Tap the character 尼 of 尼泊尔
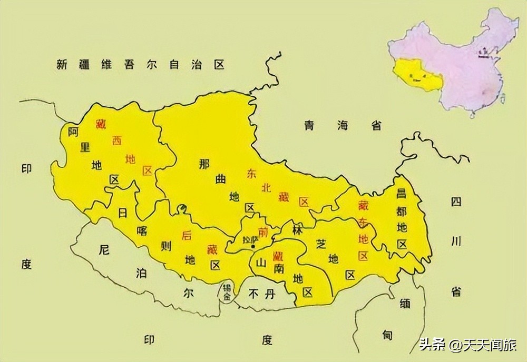104,250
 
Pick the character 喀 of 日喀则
141,230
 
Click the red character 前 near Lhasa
262,232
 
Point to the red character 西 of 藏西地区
116,140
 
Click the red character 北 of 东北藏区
267,187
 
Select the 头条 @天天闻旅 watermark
466,345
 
